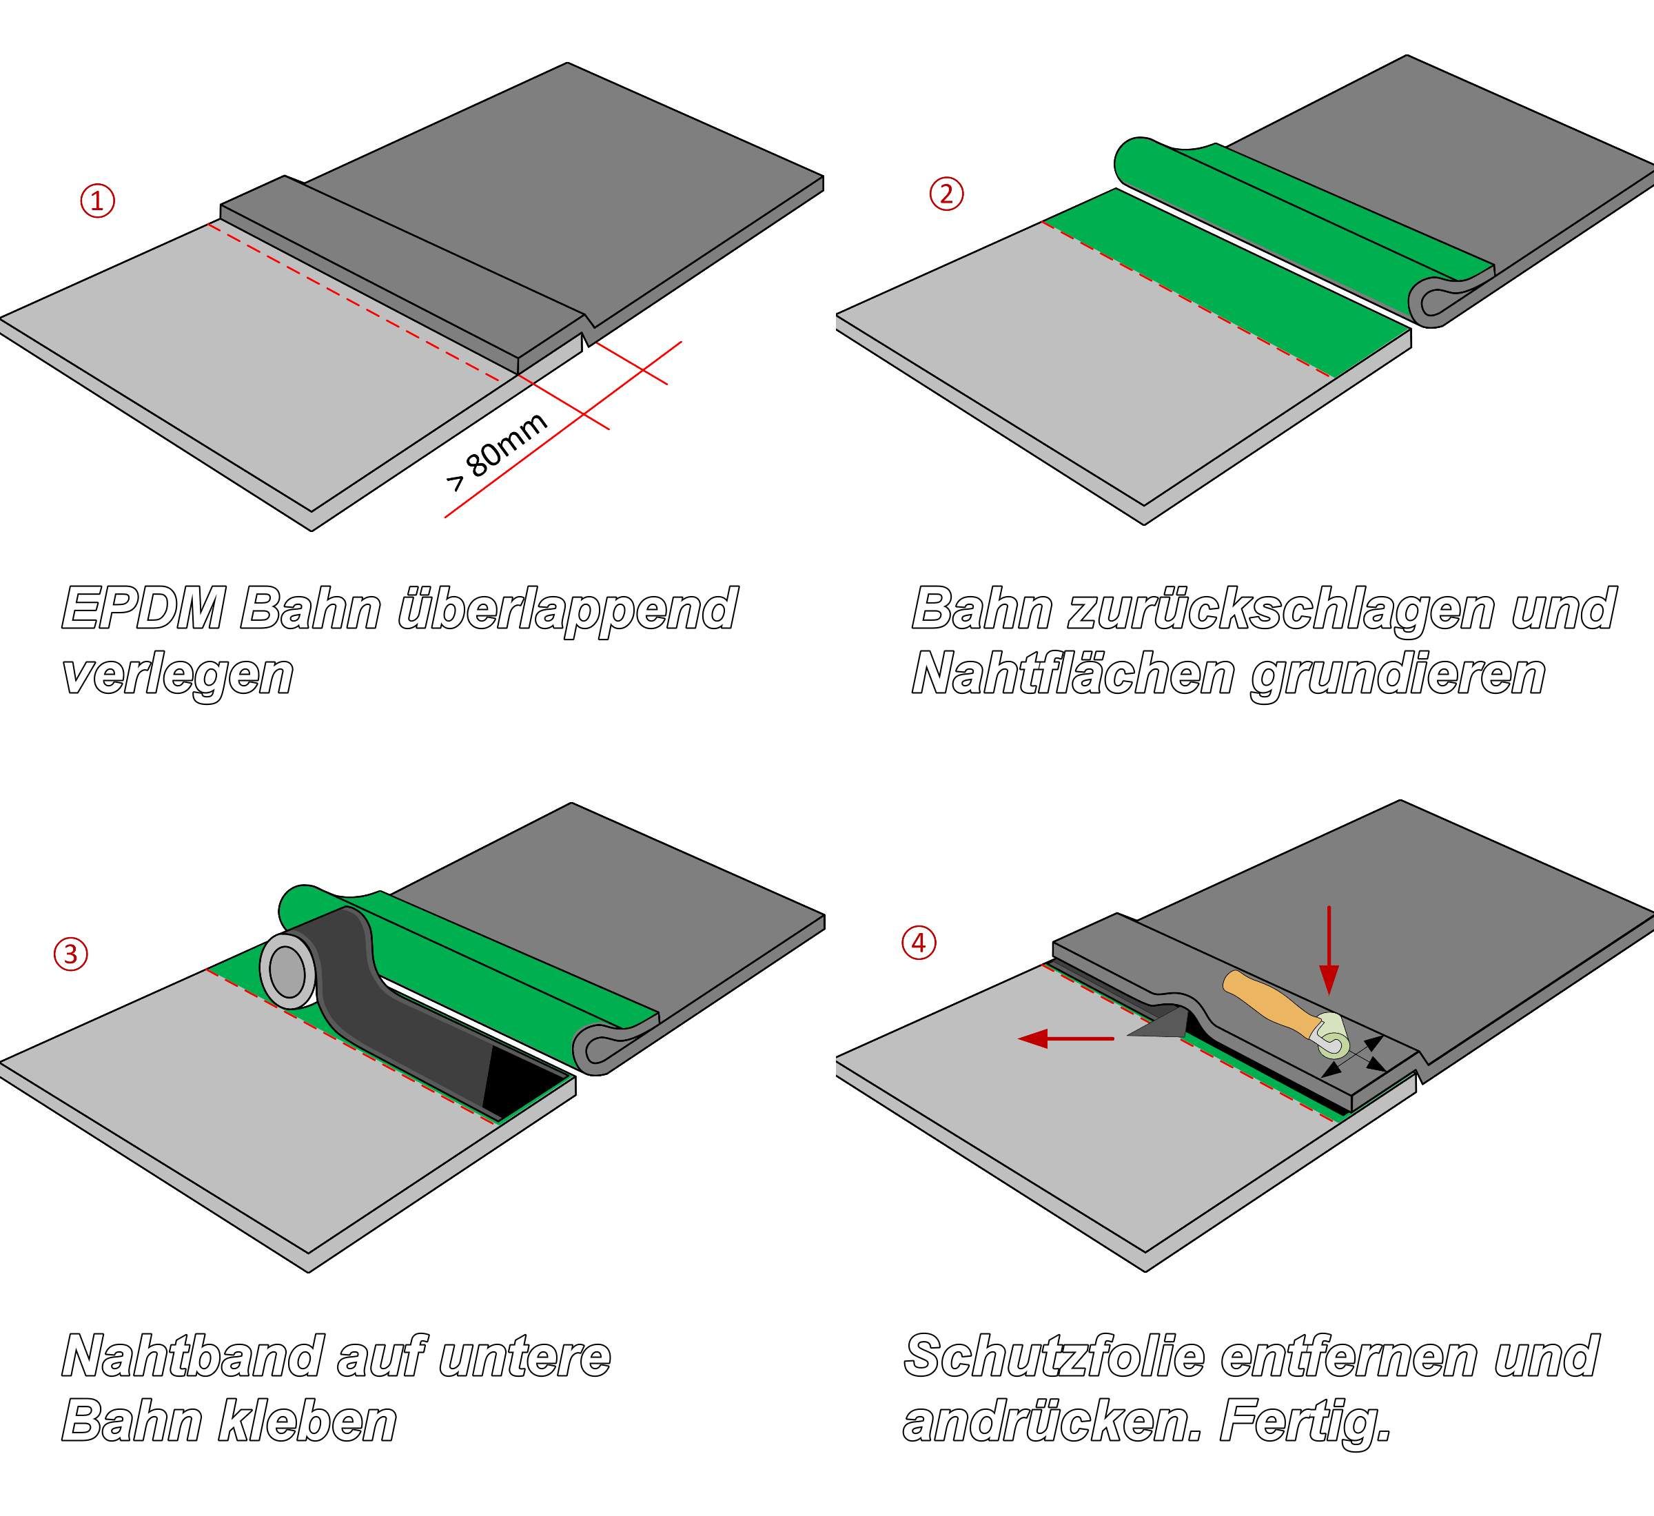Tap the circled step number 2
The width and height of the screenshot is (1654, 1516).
[x=946, y=194]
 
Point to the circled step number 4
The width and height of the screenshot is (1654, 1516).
[x=919, y=943]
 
